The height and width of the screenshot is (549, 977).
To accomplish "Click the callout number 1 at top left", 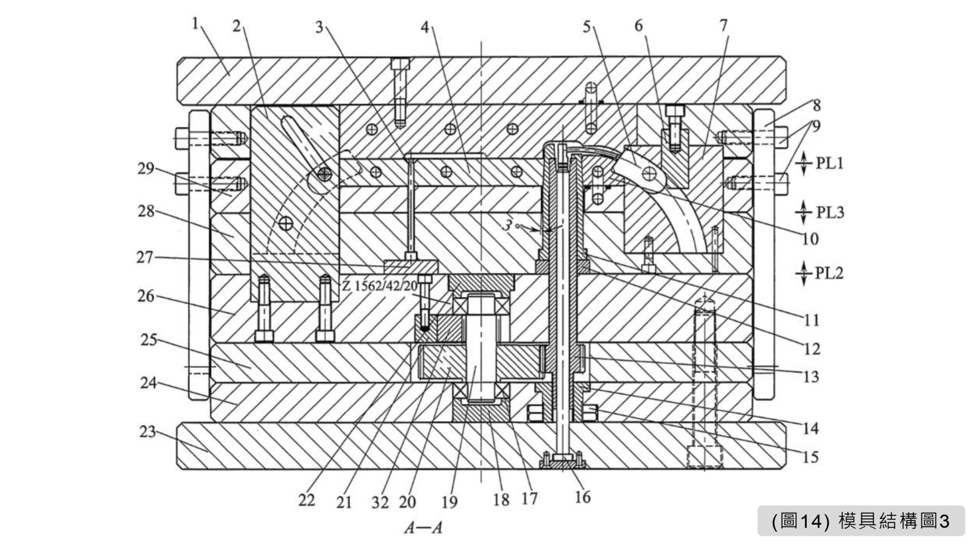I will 195,24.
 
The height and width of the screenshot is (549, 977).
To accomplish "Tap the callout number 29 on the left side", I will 146,169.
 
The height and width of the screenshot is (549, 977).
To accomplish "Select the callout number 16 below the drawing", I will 582,497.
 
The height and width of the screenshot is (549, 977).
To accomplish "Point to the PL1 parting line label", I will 829,163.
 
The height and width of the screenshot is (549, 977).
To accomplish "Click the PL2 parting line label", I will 829,273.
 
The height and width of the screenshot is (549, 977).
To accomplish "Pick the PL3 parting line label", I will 830,212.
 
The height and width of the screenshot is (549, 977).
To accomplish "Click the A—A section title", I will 423,528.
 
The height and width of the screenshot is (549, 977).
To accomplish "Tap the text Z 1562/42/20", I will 380,286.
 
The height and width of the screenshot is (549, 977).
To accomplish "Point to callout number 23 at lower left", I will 147,432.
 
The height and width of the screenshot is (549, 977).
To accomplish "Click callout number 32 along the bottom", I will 380,502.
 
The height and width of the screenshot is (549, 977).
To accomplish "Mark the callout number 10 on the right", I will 810,238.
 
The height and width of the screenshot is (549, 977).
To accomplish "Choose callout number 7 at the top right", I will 724,25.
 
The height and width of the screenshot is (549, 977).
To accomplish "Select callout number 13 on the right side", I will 811,377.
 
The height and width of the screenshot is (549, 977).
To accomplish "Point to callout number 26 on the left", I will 146,296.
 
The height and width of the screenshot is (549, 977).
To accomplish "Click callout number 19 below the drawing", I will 449,502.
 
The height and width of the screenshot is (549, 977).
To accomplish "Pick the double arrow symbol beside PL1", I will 804,163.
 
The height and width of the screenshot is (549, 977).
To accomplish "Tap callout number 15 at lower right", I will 811,457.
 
